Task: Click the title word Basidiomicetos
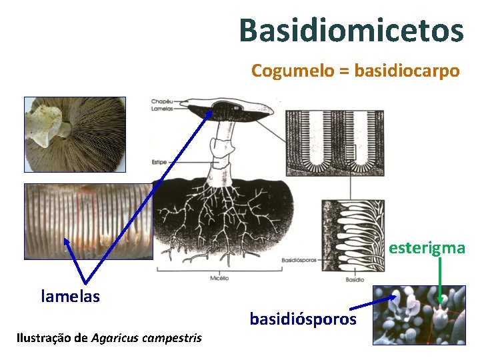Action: pyautogui.click(x=351, y=31)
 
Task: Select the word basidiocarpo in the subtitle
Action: pyautogui.click(x=407, y=71)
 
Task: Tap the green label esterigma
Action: pyautogui.click(x=427, y=248)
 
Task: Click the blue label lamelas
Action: pyautogui.click(x=70, y=296)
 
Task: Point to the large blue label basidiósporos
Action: pyautogui.click(x=303, y=319)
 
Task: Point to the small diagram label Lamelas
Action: pyautogui.click(x=162, y=108)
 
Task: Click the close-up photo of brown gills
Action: pyautogui.click(x=88, y=221)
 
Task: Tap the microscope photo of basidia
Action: pyautogui.click(x=419, y=315)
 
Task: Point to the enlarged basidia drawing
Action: pyautogui.click(x=353, y=233)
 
